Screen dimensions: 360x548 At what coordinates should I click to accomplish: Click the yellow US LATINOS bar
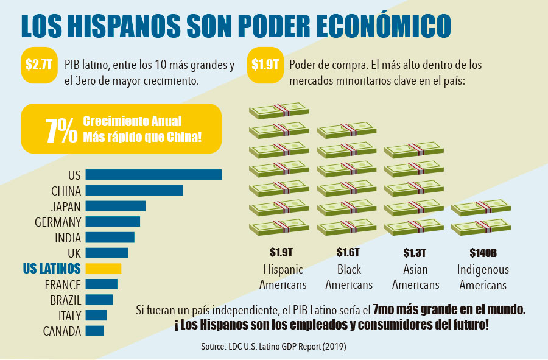click(103, 268)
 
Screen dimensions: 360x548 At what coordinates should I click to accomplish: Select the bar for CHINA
click(134, 191)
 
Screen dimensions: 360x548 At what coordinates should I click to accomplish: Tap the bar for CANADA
click(94, 331)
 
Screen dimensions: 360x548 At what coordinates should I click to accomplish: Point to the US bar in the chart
click(153, 175)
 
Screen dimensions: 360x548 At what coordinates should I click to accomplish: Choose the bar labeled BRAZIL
click(99, 300)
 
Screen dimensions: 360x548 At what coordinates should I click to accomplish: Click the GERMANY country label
click(58, 222)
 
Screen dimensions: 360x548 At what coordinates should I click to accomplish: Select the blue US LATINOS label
click(51, 268)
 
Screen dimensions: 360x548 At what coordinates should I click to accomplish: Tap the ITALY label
click(69, 316)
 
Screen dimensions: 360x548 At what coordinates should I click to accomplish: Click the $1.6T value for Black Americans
click(349, 252)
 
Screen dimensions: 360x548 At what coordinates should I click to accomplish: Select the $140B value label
click(484, 252)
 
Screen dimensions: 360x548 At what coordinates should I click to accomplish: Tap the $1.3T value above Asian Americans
click(415, 252)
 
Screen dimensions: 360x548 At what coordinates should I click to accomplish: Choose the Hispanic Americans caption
click(283, 277)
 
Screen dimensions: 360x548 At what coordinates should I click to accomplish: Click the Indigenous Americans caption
click(483, 277)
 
